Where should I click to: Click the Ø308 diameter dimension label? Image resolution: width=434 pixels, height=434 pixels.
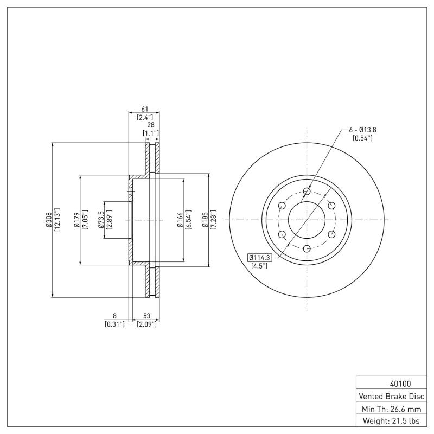[48, 220]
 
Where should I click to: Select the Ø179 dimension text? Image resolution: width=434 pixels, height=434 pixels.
[76, 220]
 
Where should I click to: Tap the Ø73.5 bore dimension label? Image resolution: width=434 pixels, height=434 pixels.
[101, 220]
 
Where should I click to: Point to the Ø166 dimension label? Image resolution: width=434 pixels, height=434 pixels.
[180, 220]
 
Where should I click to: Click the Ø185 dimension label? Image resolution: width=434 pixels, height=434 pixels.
[206, 220]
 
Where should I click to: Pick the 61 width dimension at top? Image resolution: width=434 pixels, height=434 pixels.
[144, 109]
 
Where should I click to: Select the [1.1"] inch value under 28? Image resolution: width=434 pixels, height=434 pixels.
[151, 133]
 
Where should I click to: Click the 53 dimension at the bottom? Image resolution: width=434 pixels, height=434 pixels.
[146, 316]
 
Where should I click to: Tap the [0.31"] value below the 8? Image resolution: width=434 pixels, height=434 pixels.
[114, 324]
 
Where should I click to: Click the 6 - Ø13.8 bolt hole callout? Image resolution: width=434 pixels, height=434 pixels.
[362, 130]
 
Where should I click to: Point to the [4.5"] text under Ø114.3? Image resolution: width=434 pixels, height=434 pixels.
[258, 266]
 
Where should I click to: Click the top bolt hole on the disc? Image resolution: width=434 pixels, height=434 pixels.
[307, 192]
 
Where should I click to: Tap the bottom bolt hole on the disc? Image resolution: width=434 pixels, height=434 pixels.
[307, 248]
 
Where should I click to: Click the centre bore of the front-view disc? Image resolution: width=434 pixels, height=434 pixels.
[307, 220]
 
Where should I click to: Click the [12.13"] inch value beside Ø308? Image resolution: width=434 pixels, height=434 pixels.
[56, 220]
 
